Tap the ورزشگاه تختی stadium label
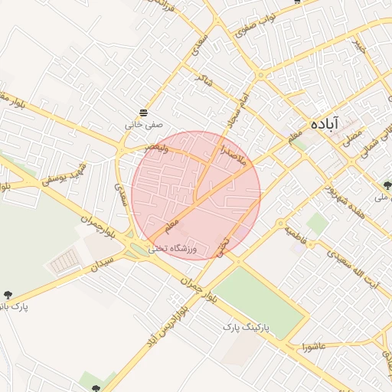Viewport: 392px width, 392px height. click(x=173, y=248)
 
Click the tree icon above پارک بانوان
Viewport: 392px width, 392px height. click(x=8, y=295)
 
